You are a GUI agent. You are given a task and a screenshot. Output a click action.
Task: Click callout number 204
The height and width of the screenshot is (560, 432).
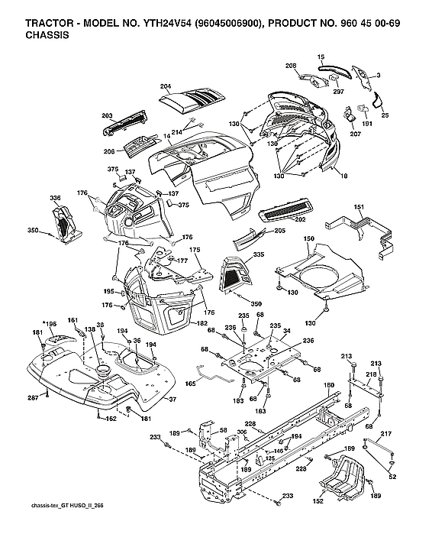(x=165, y=86)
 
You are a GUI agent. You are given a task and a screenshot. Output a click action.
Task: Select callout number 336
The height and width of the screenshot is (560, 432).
(x=55, y=198)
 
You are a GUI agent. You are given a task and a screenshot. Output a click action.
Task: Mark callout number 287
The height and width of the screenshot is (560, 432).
(x=34, y=397)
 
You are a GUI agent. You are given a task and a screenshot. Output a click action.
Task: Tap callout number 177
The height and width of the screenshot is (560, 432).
(x=182, y=261)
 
